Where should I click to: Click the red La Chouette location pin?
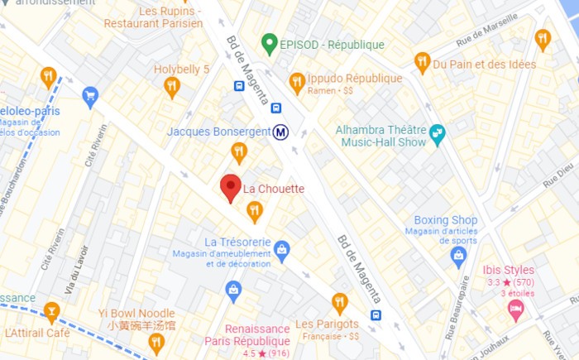[231, 188]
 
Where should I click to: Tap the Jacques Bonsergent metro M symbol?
[281, 132]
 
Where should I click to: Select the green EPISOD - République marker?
[268, 43]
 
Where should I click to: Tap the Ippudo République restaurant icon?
[297, 82]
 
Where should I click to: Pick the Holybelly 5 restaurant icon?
[172, 86]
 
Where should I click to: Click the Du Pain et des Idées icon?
[422, 62]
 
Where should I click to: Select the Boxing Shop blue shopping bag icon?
[458, 257]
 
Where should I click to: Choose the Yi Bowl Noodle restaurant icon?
[156, 342]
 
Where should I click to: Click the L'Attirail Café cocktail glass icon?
[51, 312]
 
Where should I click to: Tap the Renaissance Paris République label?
[246, 334]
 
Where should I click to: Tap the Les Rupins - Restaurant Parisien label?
[153, 17]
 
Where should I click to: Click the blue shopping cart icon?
[90, 97]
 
